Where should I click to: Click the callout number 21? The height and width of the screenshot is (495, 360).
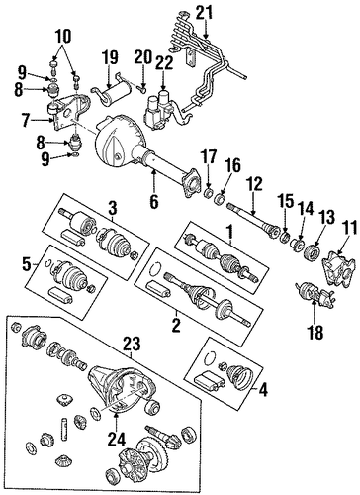[205, 13]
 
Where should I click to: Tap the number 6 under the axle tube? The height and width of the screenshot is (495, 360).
[154, 201]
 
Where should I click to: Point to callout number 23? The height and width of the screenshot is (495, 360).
[132, 344]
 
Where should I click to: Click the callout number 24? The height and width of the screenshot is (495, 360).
[118, 439]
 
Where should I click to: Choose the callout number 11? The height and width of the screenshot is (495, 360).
[349, 229]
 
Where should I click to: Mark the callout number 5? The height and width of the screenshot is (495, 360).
[28, 265]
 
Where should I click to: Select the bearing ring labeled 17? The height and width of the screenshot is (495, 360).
[208, 192]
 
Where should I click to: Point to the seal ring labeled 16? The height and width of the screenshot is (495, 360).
[220, 199]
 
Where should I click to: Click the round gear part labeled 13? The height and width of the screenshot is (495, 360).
[312, 254]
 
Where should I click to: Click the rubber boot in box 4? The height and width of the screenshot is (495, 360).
[239, 376]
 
